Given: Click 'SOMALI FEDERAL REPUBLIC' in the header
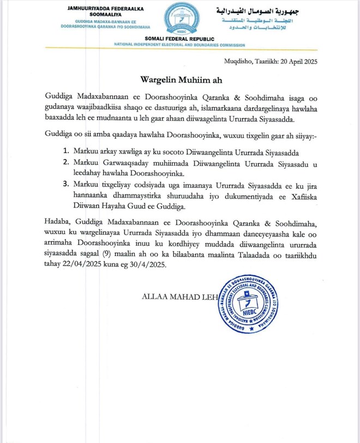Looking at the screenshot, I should pos(180,39).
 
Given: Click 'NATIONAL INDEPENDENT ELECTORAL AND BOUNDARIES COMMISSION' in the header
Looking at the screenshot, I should pos(180,45).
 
